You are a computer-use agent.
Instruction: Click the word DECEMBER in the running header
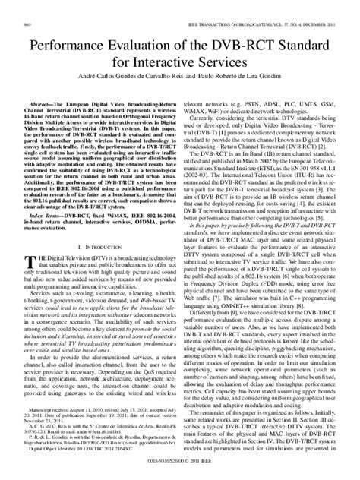click(x=309, y=6)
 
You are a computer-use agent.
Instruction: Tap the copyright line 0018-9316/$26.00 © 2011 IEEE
click(x=180, y=468)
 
